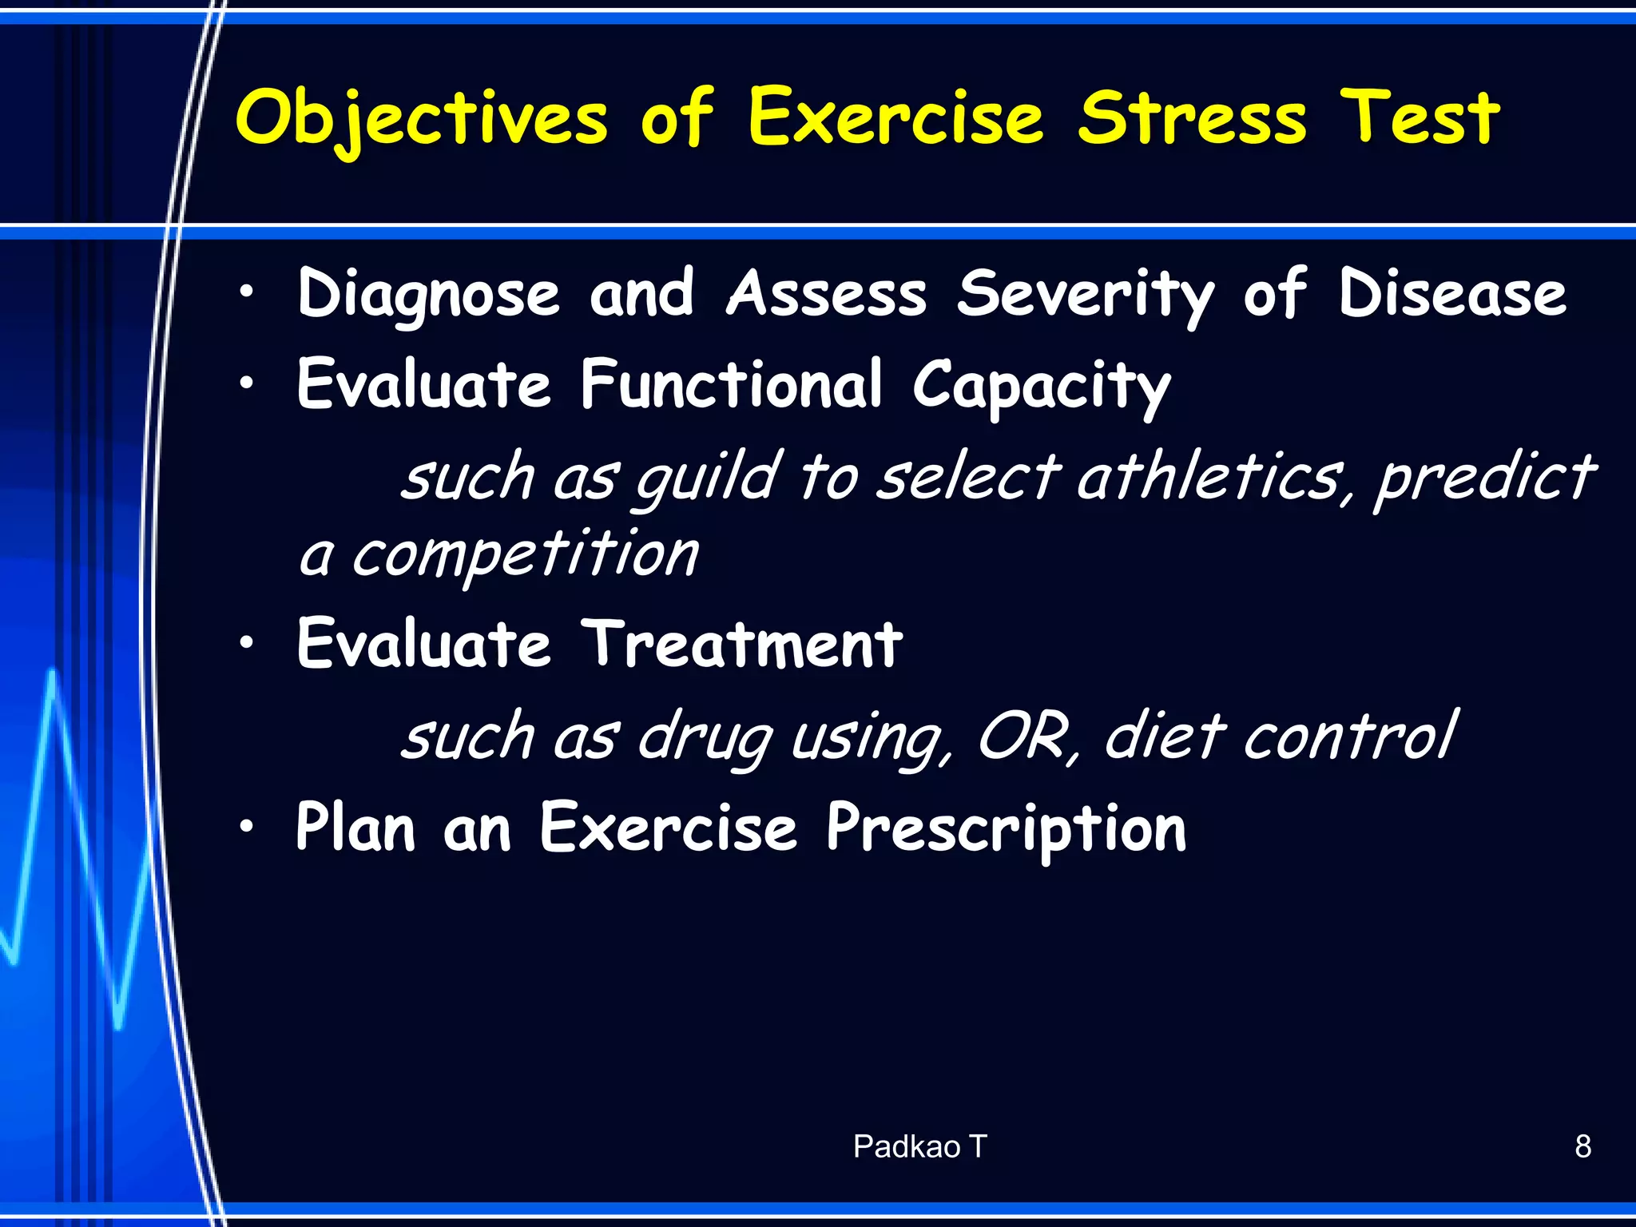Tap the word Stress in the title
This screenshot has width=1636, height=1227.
coord(1192,118)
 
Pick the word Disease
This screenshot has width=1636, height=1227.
coord(1452,294)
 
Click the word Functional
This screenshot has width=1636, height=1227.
coord(731,385)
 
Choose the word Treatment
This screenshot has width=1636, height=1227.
coord(741,645)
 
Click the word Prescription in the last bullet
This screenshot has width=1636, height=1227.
coord(1006,829)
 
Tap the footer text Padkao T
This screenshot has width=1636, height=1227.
coord(919,1147)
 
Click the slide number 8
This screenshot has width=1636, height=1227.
coord(1582,1147)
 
